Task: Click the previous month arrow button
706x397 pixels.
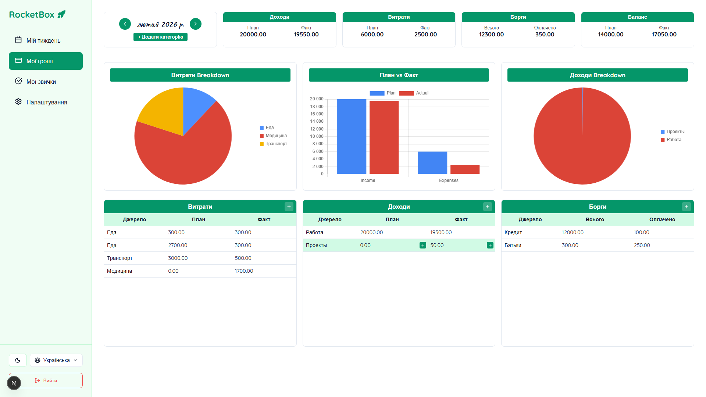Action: point(125,24)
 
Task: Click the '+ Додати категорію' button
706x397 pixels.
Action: point(160,37)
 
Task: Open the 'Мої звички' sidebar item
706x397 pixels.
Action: point(41,82)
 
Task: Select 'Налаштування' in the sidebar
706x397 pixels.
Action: point(46,102)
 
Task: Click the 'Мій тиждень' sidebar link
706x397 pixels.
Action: point(43,40)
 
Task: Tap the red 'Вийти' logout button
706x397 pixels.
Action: point(46,380)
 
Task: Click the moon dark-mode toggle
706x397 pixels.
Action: point(18,360)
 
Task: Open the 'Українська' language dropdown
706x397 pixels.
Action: point(56,360)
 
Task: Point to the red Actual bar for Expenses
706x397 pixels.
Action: point(465,169)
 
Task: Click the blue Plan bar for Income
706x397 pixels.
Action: point(352,136)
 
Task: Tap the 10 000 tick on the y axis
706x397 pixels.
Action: point(317,136)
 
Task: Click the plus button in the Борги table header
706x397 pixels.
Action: point(686,207)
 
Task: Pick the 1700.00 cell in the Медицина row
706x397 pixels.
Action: point(244,271)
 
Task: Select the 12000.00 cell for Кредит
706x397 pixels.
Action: point(573,232)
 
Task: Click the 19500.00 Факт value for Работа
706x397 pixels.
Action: point(441,232)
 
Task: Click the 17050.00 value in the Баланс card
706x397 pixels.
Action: point(664,35)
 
